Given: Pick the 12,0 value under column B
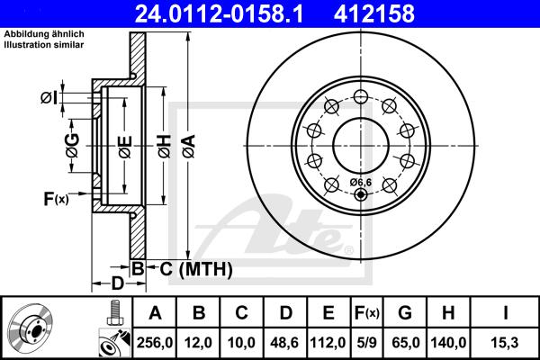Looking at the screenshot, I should pos(199,341).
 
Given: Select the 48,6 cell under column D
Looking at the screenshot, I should pos(285,341).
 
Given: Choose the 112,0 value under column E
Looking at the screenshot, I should pos(328,341).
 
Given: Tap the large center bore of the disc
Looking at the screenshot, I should pos(360,142).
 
